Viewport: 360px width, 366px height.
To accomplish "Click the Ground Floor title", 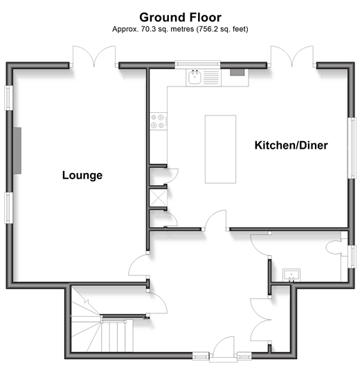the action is [180, 17].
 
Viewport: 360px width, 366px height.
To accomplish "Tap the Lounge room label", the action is [82, 175].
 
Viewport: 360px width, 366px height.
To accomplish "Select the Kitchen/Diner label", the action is [291, 145].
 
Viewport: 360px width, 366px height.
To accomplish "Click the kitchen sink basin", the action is [195, 77].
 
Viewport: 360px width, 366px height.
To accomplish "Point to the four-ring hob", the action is [159, 121].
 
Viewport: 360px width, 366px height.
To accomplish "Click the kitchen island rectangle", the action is [221, 149].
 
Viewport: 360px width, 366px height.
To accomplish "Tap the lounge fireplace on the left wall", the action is [17, 151].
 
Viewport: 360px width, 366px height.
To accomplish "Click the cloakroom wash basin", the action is [291, 275].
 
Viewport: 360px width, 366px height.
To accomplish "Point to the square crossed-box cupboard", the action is [159, 198].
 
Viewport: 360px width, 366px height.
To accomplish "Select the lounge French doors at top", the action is [94, 56].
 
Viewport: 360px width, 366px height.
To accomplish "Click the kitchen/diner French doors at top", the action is [291, 56].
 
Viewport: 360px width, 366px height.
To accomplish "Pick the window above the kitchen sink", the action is [197, 64].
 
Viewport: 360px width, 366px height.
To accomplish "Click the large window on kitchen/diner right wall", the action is [352, 148].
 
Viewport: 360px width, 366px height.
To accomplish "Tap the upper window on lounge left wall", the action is [9, 98].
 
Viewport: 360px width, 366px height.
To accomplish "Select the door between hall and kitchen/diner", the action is [216, 220].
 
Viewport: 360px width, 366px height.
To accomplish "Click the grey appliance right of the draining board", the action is [237, 73].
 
